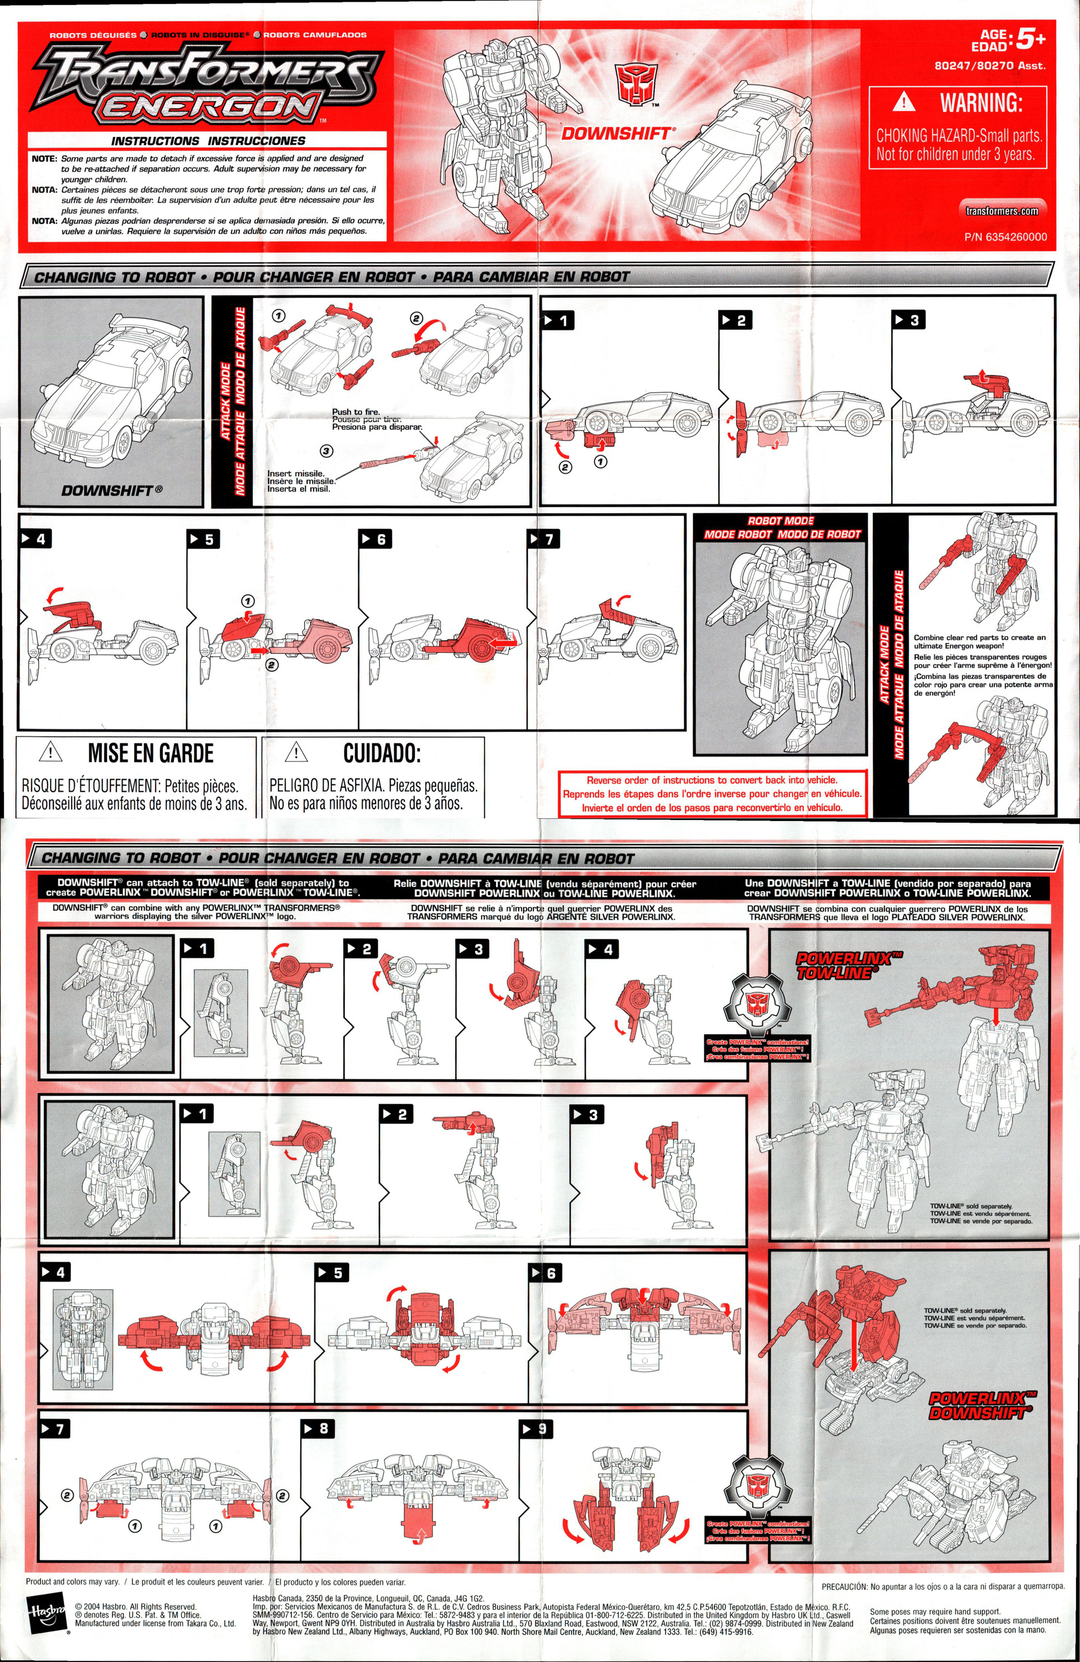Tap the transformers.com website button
tap(1002, 211)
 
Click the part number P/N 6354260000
tap(1005, 237)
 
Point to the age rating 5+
tap(1030, 40)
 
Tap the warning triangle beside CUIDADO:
tap(296, 753)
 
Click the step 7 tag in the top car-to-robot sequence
tap(544, 539)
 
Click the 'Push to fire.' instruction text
tap(356, 412)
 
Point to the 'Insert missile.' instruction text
tap(295, 474)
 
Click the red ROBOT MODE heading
tap(780, 521)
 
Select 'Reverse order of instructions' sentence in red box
tap(712, 780)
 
